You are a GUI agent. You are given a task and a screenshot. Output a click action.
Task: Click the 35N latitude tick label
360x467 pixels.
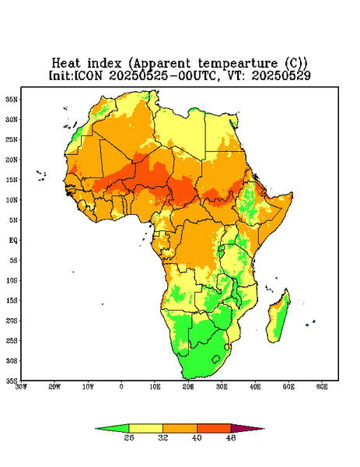click(x=12, y=99)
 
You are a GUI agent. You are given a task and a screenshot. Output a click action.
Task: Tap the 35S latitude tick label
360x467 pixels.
click(x=12, y=381)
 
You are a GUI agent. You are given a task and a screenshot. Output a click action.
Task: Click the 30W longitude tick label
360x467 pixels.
click(x=21, y=387)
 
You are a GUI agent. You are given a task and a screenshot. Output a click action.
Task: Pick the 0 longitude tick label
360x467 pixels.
click(x=121, y=387)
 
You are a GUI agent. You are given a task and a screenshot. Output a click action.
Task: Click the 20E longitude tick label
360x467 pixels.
click(x=188, y=387)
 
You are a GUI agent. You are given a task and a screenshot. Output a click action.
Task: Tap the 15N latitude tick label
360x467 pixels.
click(x=12, y=180)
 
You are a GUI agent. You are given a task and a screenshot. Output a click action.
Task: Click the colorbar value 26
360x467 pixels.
click(x=129, y=437)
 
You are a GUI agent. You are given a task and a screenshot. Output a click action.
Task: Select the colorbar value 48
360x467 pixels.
click(x=231, y=437)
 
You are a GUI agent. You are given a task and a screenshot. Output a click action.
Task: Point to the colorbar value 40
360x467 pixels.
click(x=197, y=437)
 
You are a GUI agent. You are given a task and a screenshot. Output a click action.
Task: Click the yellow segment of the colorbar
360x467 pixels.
click(x=145, y=428)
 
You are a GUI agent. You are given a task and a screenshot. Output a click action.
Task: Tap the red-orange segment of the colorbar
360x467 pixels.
click(x=214, y=428)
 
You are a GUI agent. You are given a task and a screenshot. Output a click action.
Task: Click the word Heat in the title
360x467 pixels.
click(x=66, y=64)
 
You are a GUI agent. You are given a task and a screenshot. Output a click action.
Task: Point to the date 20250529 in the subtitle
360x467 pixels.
click(x=281, y=75)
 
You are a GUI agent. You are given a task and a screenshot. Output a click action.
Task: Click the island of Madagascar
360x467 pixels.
click(x=279, y=317)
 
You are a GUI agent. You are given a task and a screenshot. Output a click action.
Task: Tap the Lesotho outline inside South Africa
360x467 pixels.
click(x=216, y=359)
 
